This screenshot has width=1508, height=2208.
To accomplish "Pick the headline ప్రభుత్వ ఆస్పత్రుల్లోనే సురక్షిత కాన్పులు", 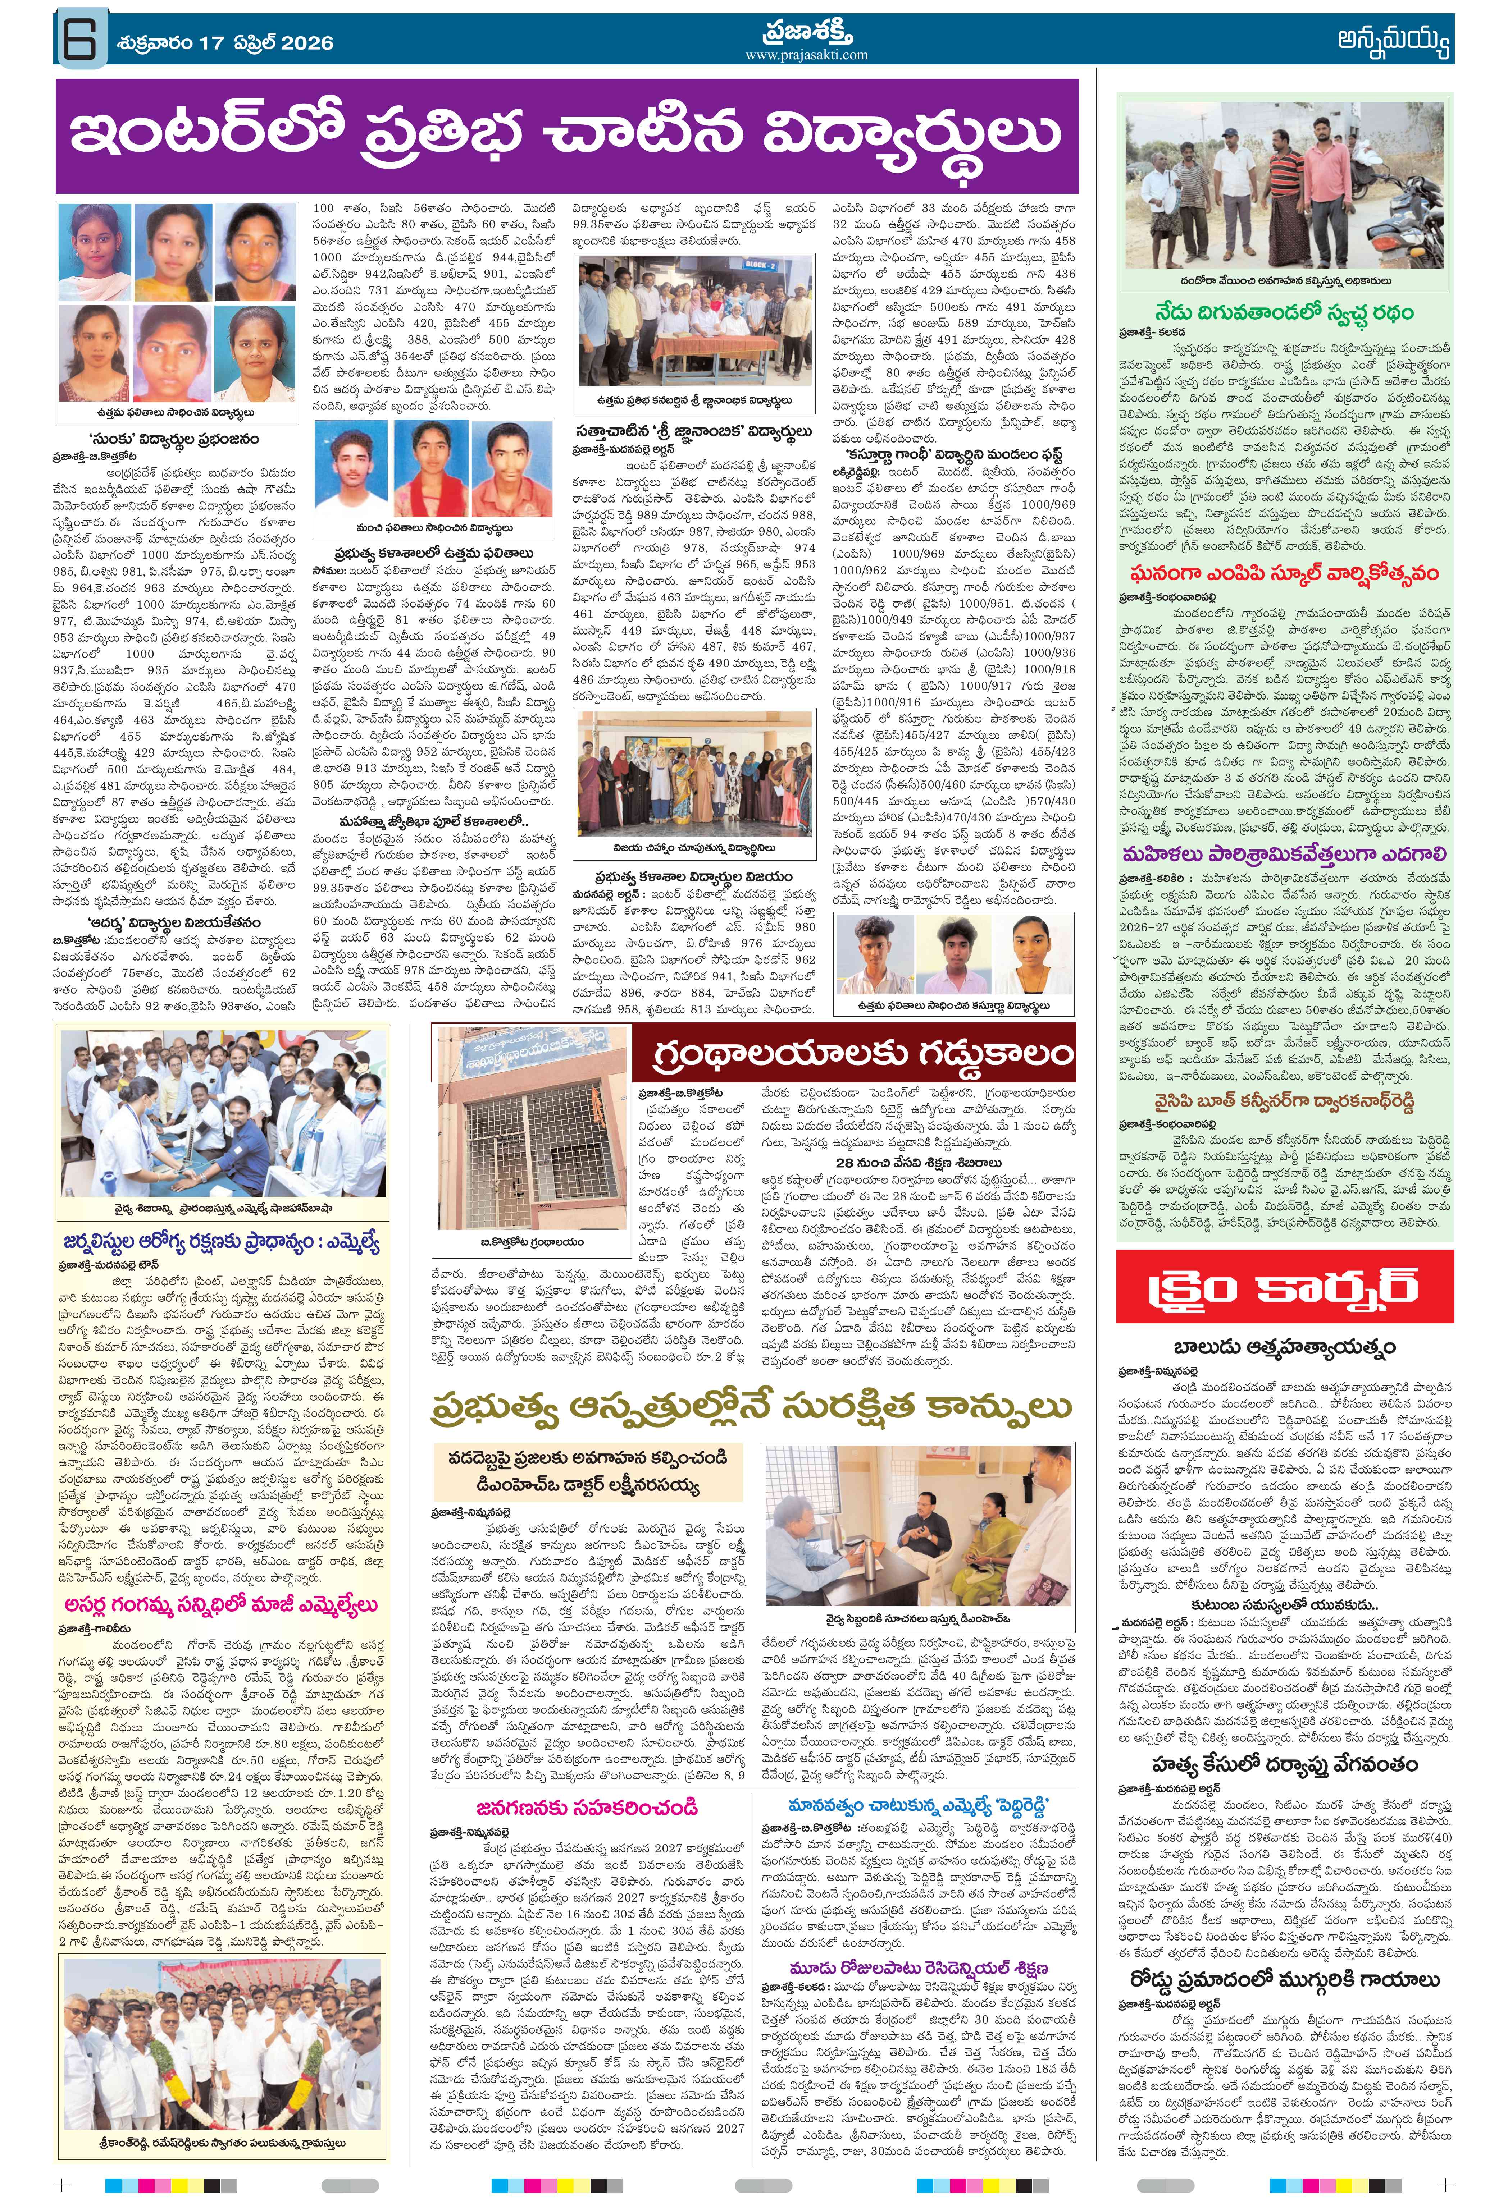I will tap(751, 1408).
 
